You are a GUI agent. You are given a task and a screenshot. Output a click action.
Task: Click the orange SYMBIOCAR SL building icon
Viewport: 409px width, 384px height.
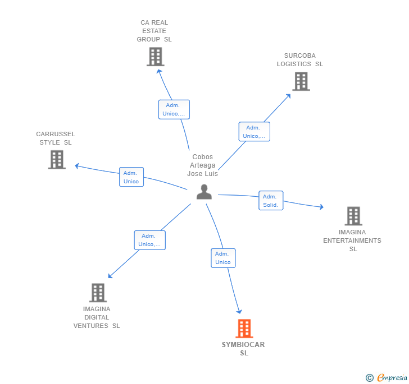[244, 329]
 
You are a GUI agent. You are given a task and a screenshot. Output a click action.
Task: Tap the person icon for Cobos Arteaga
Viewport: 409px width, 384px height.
[204, 192]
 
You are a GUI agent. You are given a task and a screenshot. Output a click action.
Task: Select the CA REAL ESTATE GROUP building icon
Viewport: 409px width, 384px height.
[155, 57]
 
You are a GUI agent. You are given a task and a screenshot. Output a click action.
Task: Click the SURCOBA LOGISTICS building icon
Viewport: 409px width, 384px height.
[301, 81]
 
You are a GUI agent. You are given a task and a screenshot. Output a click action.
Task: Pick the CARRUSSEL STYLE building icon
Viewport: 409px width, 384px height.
[57, 160]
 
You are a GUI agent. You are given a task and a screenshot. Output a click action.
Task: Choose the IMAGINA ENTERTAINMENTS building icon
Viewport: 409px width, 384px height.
[353, 216]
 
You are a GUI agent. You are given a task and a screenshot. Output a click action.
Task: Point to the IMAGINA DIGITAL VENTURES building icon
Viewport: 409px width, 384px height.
[98, 293]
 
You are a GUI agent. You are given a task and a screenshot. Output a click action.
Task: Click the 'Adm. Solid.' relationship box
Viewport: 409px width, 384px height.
[271, 201]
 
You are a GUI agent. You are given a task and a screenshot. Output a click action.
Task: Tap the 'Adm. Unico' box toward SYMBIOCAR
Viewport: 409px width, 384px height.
[223, 258]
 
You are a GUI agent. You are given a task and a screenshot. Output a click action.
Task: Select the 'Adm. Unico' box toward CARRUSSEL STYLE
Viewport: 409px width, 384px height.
[131, 177]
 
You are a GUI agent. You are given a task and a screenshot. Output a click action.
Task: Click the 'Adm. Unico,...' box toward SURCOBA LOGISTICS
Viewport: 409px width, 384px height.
[254, 132]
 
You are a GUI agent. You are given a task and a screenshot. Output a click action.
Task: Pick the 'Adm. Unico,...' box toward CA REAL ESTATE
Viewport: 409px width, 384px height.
[174, 109]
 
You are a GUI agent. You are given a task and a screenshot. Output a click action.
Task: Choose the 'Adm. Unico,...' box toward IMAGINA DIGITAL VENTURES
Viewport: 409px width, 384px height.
[149, 240]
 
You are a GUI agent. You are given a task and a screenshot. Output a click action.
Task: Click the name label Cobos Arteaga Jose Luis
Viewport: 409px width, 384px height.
[203, 165]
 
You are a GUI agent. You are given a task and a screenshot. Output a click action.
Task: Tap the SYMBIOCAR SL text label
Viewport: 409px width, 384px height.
[243, 349]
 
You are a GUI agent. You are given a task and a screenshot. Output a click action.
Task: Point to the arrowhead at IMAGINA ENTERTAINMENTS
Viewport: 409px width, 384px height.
[321, 207]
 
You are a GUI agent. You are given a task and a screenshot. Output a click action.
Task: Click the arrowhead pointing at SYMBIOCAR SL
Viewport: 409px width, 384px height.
[239, 311]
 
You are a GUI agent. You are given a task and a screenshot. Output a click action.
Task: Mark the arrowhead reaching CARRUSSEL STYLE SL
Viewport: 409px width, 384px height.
[78, 166]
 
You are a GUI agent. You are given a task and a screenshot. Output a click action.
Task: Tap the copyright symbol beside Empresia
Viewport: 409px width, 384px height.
[370, 378]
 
